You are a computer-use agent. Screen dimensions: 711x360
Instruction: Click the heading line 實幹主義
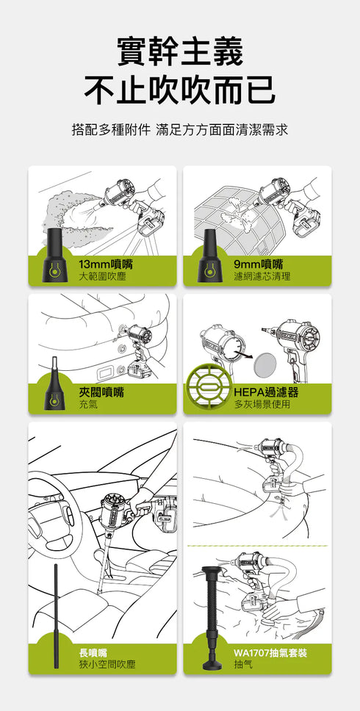[x=180, y=52]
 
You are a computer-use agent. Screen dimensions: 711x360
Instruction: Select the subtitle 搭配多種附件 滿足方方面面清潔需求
[x=180, y=130]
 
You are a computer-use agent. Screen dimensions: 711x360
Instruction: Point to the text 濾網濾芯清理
[x=262, y=276]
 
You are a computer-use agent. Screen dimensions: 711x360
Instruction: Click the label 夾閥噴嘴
[x=101, y=392]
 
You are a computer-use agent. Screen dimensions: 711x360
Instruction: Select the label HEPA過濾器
[x=266, y=392]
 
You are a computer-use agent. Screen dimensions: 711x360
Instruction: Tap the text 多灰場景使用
[x=262, y=405]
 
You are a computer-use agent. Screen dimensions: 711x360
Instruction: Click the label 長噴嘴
[x=94, y=652]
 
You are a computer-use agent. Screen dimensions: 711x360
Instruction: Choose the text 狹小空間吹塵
[x=107, y=664]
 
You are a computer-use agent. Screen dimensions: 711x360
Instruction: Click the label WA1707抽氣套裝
[x=270, y=652]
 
